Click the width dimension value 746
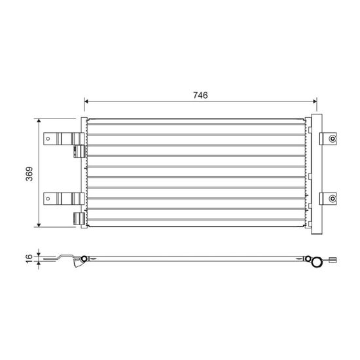point(200,96)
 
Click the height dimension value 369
point(29,174)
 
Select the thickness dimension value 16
point(29,259)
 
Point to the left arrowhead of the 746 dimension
point(86,101)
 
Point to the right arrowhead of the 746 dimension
point(315,101)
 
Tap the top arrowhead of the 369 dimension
point(39,121)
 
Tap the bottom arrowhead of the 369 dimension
point(39,225)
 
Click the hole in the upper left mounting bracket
point(48,139)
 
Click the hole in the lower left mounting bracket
point(48,198)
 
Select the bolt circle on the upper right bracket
point(333,139)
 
